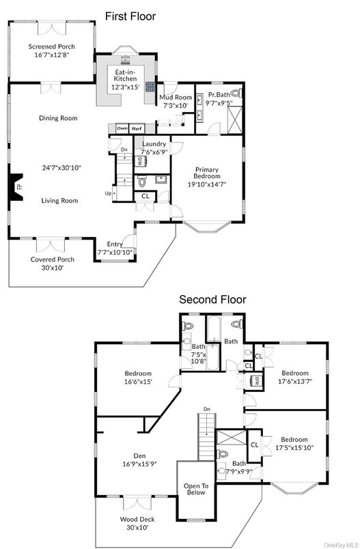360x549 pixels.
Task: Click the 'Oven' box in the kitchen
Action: pos(122,128)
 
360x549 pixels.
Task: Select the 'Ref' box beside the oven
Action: pos(137,128)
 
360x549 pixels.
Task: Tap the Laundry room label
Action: pos(154,147)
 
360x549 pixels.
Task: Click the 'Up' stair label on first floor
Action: pos(107,194)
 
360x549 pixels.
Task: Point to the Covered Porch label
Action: pos(52,263)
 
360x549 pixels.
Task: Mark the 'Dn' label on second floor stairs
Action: pos(206,410)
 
